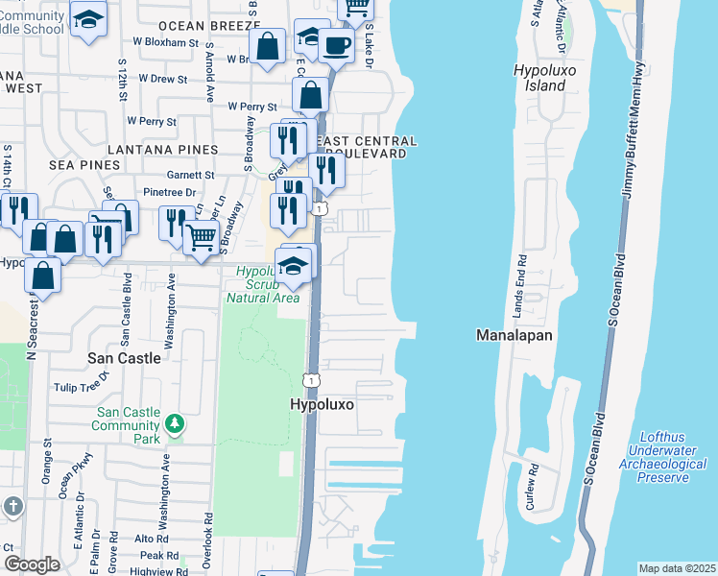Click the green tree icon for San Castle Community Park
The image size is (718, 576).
pyautogui.click(x=174, y=423)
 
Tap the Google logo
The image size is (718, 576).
pyautogui.click(x=32, y=564)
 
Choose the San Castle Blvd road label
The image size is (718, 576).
pyautogui.click(x=125, y=313)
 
